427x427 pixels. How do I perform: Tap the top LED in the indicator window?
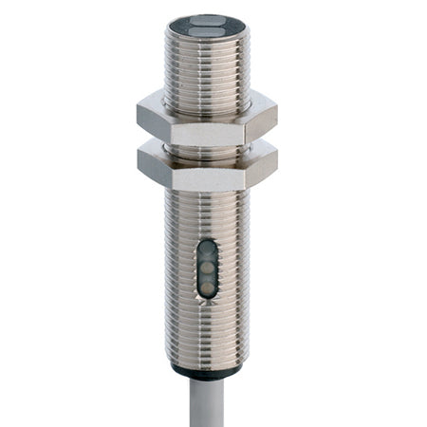[206, 251]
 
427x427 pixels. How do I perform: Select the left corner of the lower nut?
[139, 163]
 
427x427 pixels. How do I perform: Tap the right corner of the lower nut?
[275, 163]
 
